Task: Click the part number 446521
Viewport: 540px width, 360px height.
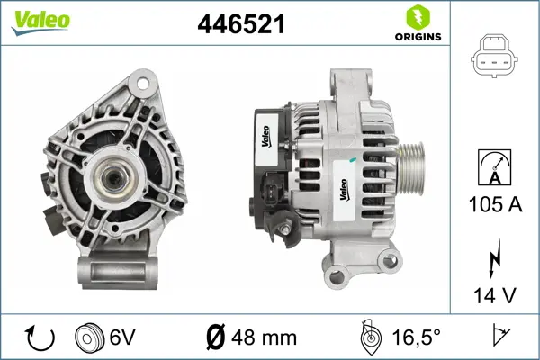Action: pos(241,25)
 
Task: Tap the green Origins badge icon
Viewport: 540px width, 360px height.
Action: pos(416,17)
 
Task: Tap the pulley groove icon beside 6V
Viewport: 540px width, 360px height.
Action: pos(89,338)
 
